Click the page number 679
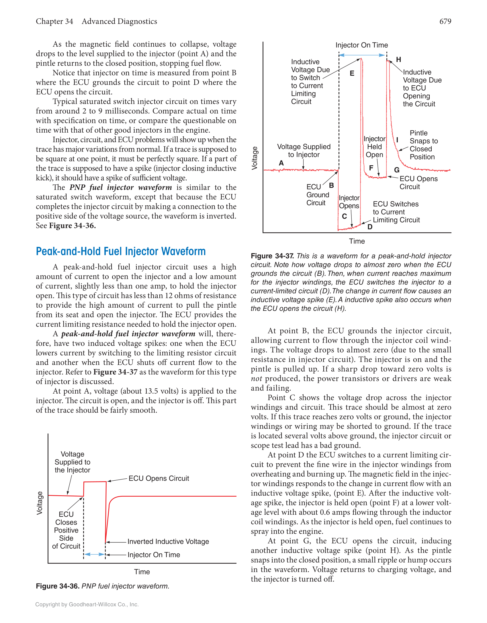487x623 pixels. pos(445,21)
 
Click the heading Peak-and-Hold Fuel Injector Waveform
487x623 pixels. pos(121,251)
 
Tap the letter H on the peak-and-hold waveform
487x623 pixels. pos(398,60)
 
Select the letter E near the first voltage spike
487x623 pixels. pos(352,74)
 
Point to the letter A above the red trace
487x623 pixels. pos(281,163)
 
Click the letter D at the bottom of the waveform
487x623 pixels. pos(370,227)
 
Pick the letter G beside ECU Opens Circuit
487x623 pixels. pos(397,170)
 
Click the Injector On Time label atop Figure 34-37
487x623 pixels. pos(362,45)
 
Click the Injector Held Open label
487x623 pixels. pos(374,147)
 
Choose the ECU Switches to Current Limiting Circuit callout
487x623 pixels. pos(396,212)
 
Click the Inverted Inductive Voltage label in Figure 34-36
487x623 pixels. pos(168,542)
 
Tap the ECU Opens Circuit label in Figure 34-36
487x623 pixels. pos(159,478)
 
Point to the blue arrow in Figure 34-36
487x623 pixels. pos(94,555)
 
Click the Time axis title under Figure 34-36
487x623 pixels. pos(142,572)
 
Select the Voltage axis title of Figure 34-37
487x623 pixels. pos(255,158)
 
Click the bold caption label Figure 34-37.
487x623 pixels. pos(272,256)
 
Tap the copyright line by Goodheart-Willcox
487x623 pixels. pos(87,604)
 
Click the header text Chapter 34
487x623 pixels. pos(54,21)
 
